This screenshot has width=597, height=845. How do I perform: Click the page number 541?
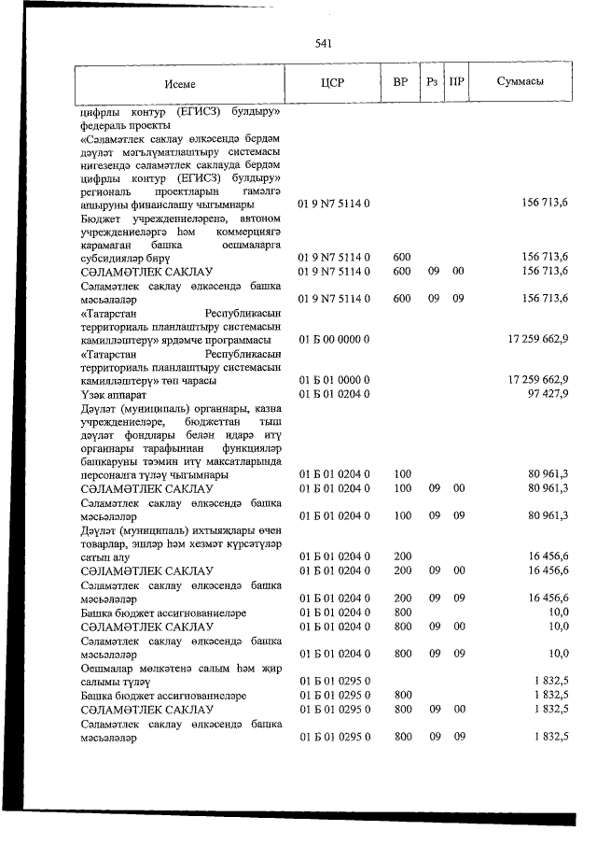(325, 44)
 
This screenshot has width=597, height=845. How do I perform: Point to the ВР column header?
(400, 83)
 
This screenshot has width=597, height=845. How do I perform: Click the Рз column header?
(432, 83)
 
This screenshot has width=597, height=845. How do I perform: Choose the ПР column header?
(457, 83)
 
